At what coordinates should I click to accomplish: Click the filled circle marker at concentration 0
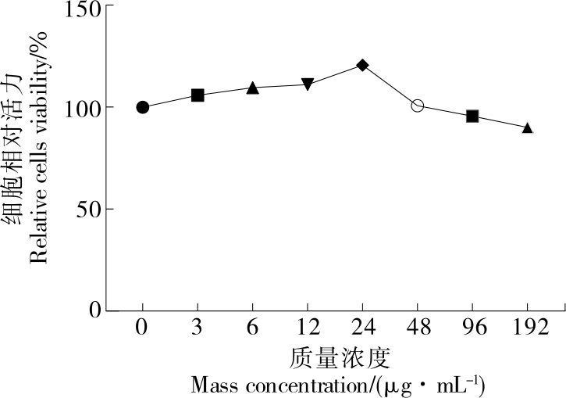(142, 107)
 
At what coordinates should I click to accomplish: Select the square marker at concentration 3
(198, 95)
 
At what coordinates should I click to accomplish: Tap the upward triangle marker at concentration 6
(252, 88)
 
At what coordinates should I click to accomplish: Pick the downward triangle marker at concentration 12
(308, 84)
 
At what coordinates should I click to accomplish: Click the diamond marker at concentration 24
(362, 65)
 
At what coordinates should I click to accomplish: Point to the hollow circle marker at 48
(418, 106)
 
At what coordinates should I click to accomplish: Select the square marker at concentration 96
(472, 116)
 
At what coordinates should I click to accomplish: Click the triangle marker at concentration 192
(527, 127)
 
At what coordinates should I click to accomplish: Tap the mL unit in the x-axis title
(448, 385)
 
